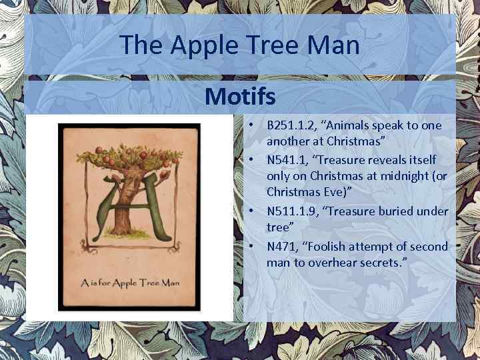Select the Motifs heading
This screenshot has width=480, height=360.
240,97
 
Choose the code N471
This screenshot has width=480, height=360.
283,246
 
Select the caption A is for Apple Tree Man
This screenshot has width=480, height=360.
130,282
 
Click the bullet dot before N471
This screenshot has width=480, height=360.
255,246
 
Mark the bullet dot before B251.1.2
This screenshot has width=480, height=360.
255,125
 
